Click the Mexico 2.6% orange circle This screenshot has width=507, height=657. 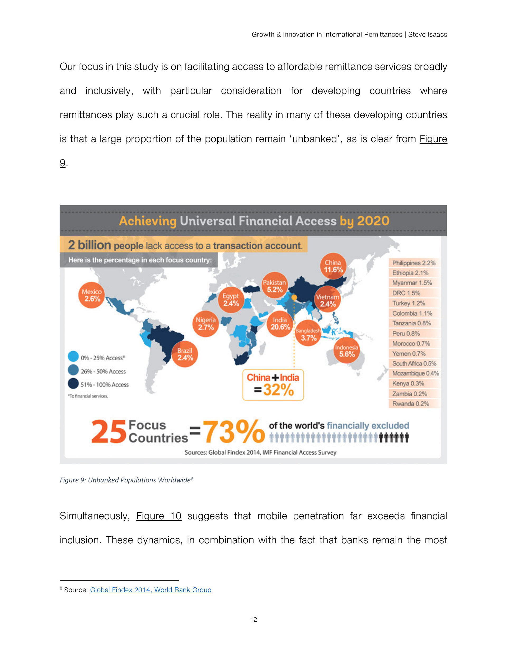coord(91,295)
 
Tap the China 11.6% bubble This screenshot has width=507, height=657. coord(333,266)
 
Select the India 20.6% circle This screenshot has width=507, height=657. coord(280,324)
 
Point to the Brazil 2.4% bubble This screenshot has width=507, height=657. coord(185,354)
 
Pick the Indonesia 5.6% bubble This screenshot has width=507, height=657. coord(347,351)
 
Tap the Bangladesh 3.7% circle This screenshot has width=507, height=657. coord(308,334)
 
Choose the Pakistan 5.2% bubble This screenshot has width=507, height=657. coord(275,286)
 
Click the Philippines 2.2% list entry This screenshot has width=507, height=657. coord(414,263)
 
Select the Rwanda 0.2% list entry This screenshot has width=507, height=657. coord(411,404)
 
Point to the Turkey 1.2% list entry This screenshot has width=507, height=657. coord(409,303)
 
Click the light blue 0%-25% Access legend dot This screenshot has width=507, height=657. coord(73,356)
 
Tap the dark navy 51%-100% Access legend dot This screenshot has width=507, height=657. coord(73,384)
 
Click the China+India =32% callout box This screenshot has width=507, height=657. coord(273,385)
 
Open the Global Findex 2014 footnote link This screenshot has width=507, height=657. coord(151,590)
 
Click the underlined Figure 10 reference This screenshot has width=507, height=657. coord(159,516)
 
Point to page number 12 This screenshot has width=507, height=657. coord(253,619)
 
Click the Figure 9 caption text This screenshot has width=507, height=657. coord(126,480)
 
